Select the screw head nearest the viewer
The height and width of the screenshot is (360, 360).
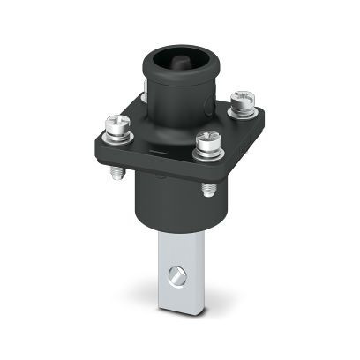coord(207,139)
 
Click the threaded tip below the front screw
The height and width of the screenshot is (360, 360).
coord(208,188)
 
